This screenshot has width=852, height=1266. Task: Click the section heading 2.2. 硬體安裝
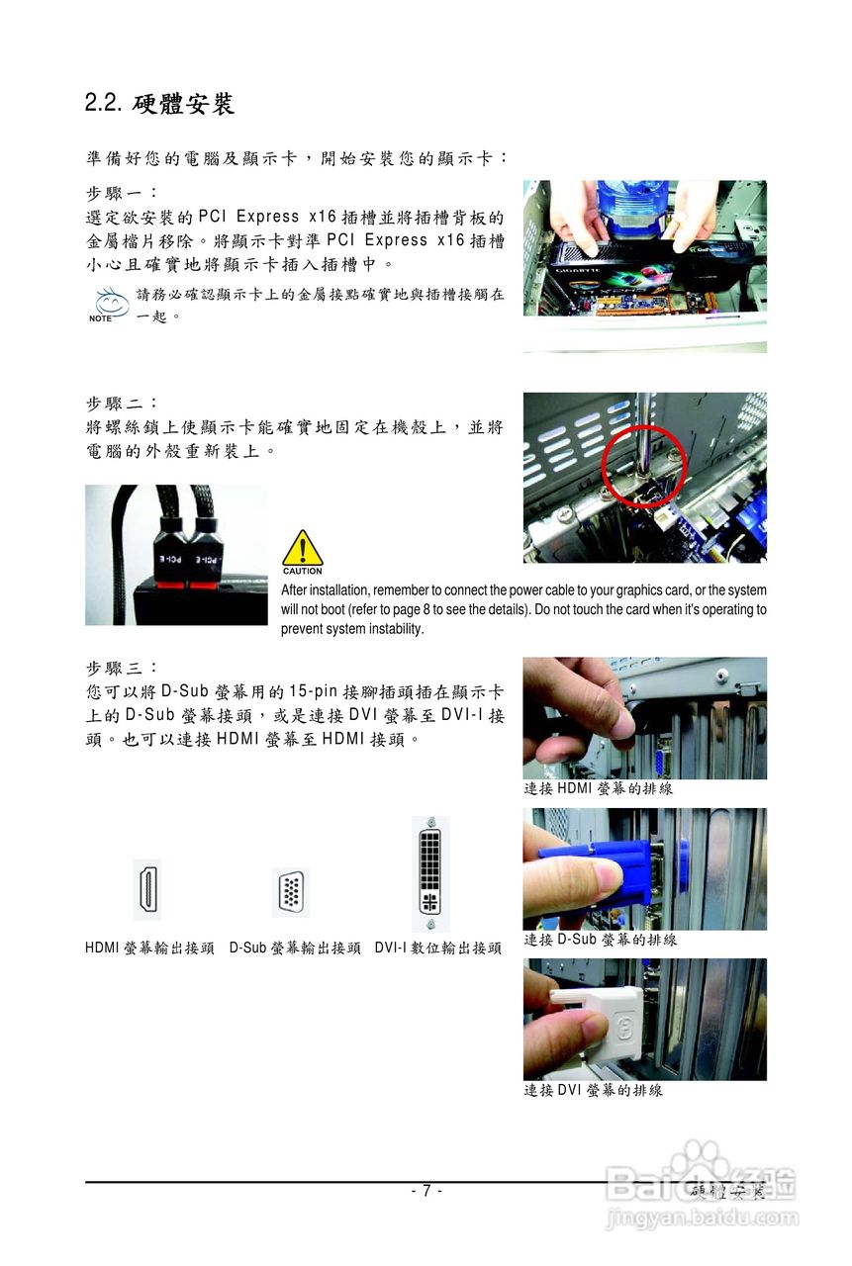coord(159,102)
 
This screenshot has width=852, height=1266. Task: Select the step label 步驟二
coord(122,405)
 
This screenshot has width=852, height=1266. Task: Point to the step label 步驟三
coord(122,669)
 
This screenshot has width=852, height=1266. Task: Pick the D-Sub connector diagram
coord(291,892)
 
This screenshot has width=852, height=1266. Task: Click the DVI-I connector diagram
coord(430,874)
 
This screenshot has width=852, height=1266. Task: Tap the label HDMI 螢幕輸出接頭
coord(149,948)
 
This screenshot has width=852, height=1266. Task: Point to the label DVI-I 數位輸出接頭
coord(437,948)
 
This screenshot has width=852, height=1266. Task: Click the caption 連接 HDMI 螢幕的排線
coord(598,789)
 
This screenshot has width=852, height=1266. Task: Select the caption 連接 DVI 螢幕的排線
coord(592,1090)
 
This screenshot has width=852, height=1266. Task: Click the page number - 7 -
coord(426,1191)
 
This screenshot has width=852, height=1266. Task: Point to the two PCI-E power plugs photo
coord(176,554)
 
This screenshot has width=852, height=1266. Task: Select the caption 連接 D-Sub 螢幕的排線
coord(600,940)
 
